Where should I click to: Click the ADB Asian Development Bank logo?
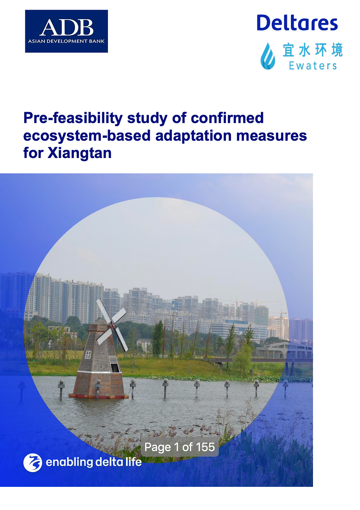tap(66, 31)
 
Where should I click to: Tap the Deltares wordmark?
tap(297, 23)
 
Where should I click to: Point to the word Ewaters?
tap(313, 66)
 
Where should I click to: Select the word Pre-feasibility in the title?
tap(73, 118)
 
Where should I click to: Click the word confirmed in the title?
tap(227, 118)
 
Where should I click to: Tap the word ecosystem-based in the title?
tap(87, 136)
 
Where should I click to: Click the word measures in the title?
tap(271, 136)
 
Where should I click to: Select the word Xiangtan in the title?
tap(79, 153)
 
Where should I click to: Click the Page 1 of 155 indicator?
tap(180, 447)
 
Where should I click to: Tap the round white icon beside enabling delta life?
tap(32, 462)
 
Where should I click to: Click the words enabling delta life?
tap(94, 462)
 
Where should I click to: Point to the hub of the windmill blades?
tap(112, 324)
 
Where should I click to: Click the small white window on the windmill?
tap(88, 354)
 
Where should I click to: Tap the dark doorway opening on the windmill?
tap(115, 367)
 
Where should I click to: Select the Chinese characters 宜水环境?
tap(313, 50)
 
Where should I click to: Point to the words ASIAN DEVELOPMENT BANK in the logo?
tap(66, 41)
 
